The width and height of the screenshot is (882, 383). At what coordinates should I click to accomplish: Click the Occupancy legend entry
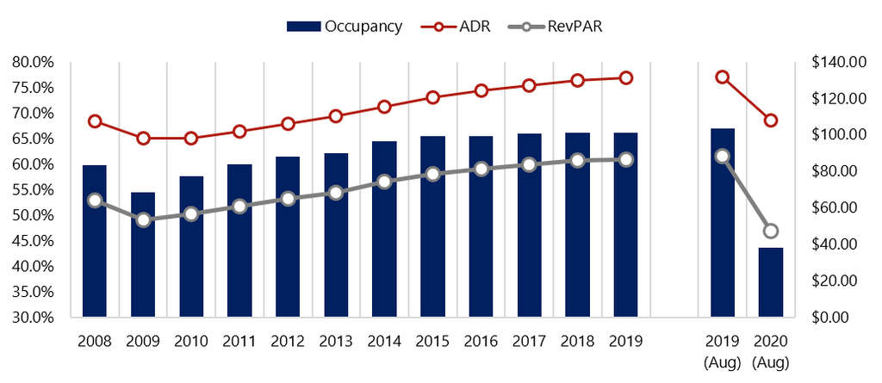345,26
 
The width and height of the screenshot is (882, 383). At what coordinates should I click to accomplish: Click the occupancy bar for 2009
143,254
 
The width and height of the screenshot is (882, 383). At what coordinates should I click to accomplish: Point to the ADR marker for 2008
95,121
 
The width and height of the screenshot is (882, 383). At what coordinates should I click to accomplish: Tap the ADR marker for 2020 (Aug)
771,120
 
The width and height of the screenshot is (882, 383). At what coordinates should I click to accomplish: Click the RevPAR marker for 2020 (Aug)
771,231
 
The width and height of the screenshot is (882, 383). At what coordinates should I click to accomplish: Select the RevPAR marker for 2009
143,220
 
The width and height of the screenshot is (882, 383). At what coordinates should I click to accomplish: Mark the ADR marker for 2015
433,97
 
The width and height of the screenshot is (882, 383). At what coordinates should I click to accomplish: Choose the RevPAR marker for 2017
530,164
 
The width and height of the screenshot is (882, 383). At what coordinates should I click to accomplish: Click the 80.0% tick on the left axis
34,62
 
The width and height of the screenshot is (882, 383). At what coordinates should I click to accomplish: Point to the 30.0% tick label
34,317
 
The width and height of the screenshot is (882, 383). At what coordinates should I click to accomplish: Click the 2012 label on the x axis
288,340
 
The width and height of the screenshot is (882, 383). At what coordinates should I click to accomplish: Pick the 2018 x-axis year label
578,340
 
